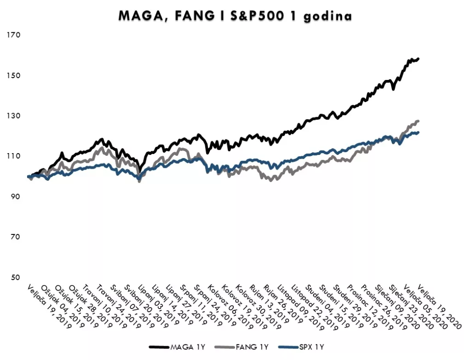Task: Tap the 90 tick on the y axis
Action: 14,196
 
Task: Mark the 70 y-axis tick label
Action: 14,237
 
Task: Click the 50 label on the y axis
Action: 14,277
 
